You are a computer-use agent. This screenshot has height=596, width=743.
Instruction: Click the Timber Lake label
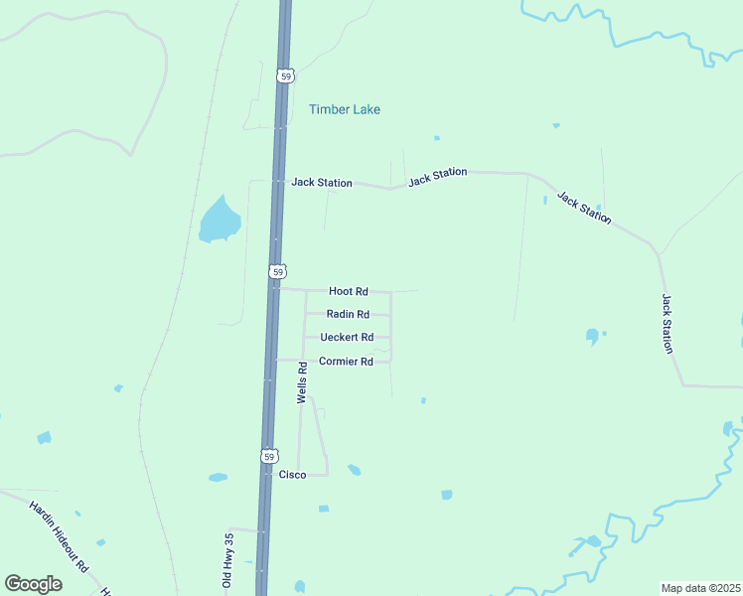coord(344,109)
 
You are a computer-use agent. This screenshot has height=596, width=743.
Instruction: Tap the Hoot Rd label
coord(348,291)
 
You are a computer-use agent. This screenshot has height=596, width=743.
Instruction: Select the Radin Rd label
coord(348,314)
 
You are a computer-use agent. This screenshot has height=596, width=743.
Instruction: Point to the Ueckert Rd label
coord(340,337)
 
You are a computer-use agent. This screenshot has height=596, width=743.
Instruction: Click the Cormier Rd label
coord(346,362)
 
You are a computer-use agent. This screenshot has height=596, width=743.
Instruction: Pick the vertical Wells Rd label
coord(302,381)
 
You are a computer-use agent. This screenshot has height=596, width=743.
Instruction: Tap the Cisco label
coord(292,475)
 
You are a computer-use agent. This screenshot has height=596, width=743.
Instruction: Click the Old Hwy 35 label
coord(227,560)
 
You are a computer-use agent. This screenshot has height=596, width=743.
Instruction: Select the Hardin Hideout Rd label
coord(60,536)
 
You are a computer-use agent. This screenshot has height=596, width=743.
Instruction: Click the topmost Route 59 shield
coord(285,75)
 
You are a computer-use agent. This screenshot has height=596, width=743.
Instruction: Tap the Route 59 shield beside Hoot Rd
coord(278,271)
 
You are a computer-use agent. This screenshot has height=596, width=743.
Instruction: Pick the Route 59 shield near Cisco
coord(269,456)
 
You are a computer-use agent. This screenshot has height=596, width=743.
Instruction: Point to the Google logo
coord(33,584)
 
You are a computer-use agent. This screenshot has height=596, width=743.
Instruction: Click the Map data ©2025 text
coord(699,587)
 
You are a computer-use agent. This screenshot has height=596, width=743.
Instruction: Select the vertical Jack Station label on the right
coord(668,323)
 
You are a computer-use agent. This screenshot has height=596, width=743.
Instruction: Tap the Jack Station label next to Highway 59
coord(321,183)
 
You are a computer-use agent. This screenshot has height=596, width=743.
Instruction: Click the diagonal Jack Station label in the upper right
coord(584,208)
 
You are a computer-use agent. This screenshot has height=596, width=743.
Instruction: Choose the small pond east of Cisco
coord(354,470)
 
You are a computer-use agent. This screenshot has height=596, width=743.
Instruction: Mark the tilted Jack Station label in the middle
coord(437,177)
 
